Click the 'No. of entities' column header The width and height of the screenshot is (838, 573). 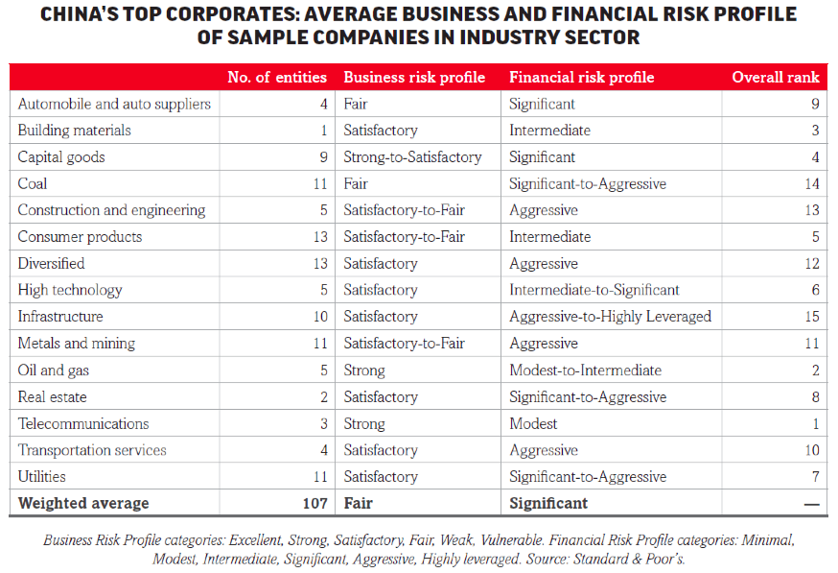(x=277, y=77)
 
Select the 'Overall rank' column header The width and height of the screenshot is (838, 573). (x=776, y=77)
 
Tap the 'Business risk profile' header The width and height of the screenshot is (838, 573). (x=414, y=78)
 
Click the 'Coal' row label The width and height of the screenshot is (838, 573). (x=33, y=183)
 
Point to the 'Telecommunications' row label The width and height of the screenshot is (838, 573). (x=83, y=423)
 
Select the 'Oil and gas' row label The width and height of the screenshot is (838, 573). (x=54, y=370)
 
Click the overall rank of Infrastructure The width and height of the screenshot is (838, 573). (x=812, y=316)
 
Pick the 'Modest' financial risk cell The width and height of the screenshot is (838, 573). (x=533, y=423)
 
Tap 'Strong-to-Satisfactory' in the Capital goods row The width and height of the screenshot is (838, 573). (x=412, y=157)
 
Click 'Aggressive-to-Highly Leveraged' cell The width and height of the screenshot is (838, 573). (x=611, y=316)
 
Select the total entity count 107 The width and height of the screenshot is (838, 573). (x=314, y=503)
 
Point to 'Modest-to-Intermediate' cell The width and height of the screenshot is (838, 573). (x=585, y=370)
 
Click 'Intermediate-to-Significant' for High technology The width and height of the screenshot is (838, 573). (x=594, y=290)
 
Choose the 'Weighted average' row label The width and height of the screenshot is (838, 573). (x=83, y=504)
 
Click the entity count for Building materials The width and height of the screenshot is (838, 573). (x=324, y=130)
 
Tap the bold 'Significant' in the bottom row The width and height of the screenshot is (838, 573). (x=548, y=504)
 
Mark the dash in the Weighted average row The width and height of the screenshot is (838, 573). (x=812, y=504)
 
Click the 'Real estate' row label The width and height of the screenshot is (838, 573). (x=53, y=397)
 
